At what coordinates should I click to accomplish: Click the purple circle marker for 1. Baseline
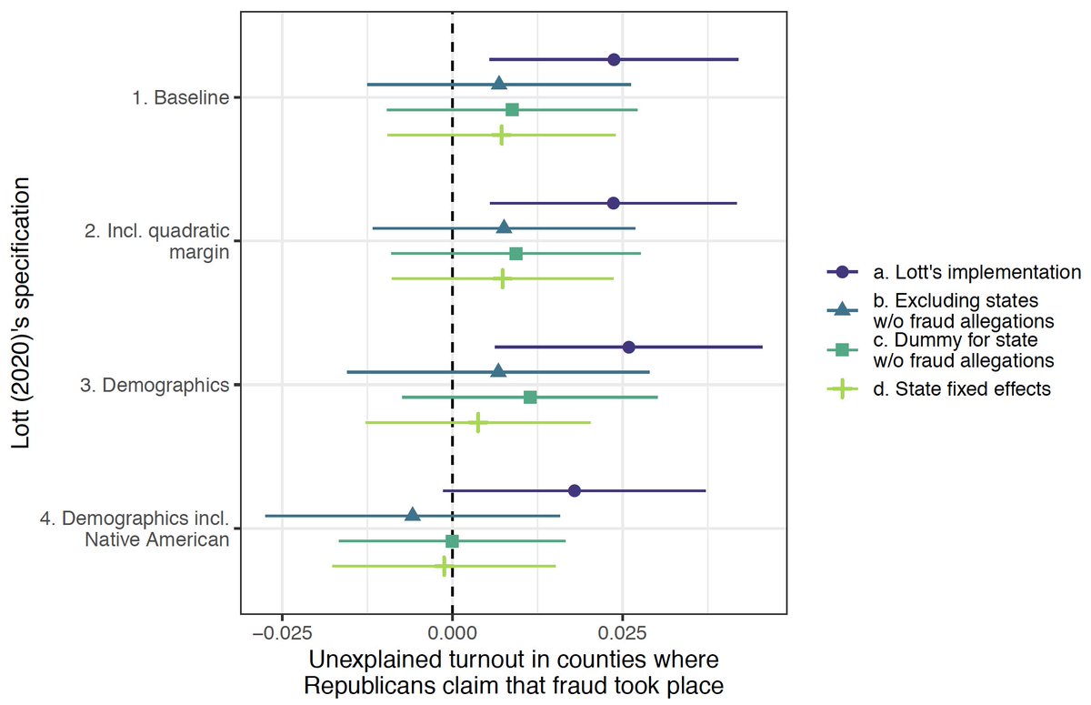point(614,59)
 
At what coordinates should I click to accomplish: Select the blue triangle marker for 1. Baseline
point(499,84)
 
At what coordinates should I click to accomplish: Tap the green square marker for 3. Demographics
point(530,398)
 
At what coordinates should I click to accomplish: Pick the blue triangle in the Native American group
point(413,515)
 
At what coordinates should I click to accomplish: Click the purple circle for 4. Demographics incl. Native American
point(574,490)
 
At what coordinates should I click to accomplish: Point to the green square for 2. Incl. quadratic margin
point(516,253)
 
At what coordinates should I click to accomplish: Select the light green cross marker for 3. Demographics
point(477,422)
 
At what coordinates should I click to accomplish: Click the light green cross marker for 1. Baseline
point(501,135)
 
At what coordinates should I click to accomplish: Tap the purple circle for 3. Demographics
point(628,347)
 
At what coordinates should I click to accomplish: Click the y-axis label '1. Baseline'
point(180,97)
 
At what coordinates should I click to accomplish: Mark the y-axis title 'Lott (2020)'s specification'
point(25,314)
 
